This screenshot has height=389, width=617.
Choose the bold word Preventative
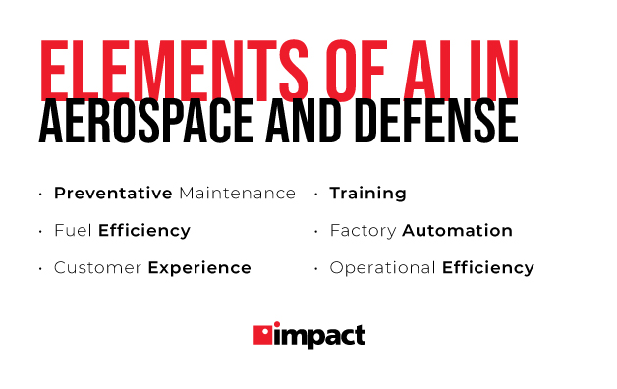[113, 194]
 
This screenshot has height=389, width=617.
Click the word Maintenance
[237, 194]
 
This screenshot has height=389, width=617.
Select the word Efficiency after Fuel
[144, 231]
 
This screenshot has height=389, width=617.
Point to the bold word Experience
[199, 268]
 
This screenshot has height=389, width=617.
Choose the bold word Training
[367, 194]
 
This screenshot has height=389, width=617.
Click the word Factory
[364, 231]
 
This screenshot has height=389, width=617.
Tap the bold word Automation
[458, 231]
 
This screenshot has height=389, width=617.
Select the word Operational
[383, 268]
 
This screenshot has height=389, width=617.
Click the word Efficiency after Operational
[488, 268]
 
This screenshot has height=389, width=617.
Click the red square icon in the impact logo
[264, 335]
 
